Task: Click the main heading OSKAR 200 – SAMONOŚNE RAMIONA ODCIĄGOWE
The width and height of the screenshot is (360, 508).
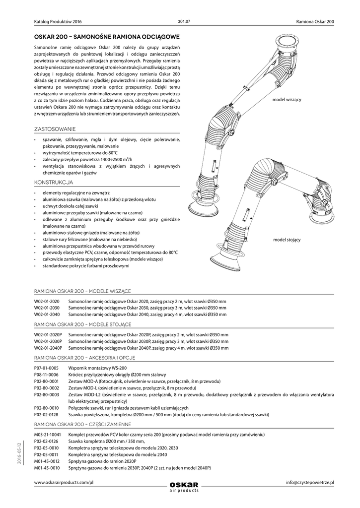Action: (x=106, y=37)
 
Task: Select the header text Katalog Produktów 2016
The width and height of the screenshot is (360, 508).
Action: (x=58, y=22)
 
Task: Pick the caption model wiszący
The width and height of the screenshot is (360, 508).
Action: (x=287, y=100)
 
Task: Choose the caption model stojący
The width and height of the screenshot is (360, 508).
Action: (x=287, y=240)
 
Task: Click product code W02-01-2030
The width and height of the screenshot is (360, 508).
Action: (x=47, y=308)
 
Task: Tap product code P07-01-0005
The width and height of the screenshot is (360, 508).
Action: (x=46, y=368)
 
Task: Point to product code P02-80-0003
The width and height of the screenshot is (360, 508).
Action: (x=47, y=394)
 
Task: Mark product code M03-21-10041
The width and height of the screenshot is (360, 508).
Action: (x=48, y=434)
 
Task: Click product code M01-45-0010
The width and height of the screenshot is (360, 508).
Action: (x=47, y=467)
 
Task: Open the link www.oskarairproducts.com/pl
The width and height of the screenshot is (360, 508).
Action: (x=64, y=483)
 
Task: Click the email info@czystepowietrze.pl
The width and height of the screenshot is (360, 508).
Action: (x=310, y=483)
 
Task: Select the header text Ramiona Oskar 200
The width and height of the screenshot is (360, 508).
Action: (x=315, y=22)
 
